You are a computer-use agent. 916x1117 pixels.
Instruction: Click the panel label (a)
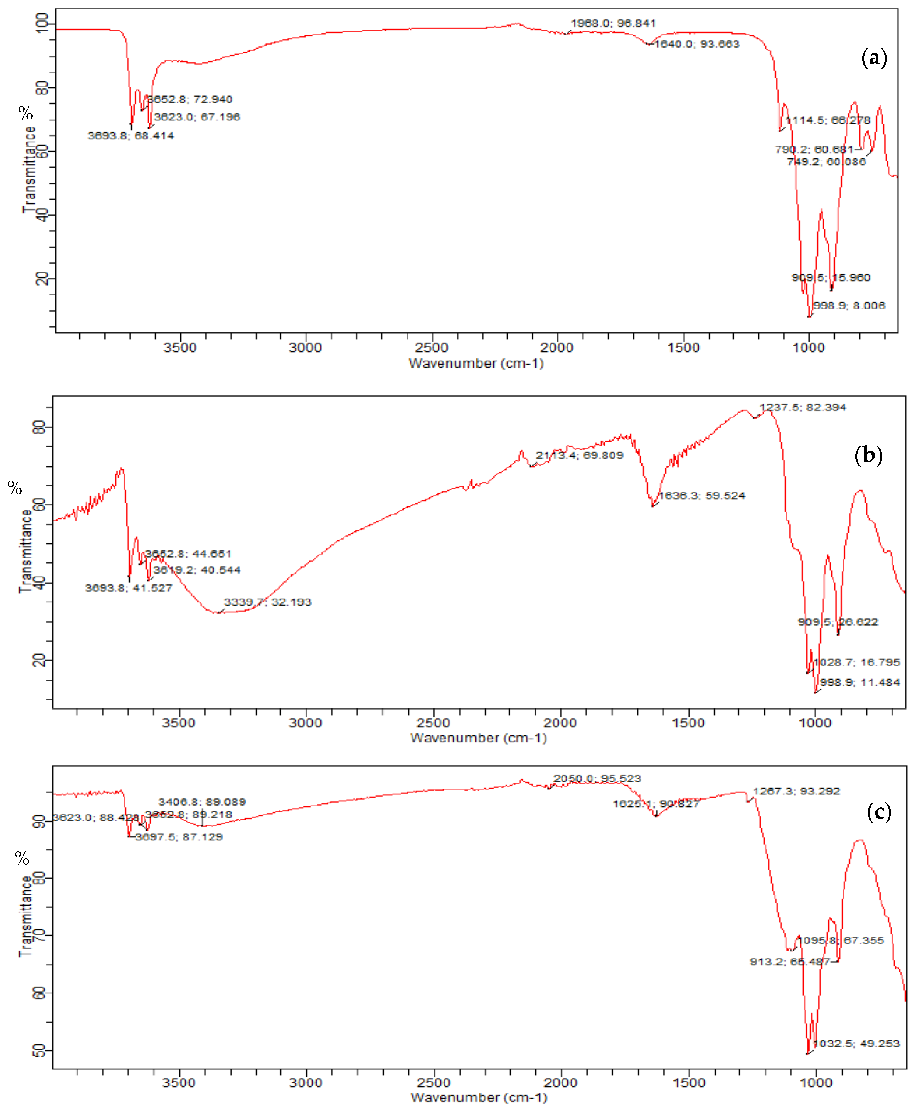(x=874, y=57)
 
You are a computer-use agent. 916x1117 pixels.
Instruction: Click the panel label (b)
(x=868, y=454)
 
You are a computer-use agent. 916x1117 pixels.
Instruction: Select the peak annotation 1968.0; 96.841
(x=613, y=23)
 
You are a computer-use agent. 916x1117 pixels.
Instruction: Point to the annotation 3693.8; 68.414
(x=131, y=136)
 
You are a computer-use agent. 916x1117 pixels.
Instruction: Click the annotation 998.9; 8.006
(x=849, y=306)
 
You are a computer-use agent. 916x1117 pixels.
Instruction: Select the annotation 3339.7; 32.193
(x=267, y=602)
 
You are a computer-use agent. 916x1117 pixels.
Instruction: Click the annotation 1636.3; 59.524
(x=702, y=495)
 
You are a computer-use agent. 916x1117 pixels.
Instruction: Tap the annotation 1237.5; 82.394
(x=802, y=407)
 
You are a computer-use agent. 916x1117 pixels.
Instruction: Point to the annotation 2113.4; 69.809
(x=579, y=455)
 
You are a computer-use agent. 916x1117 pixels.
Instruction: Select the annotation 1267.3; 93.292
(x=796, y=791)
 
